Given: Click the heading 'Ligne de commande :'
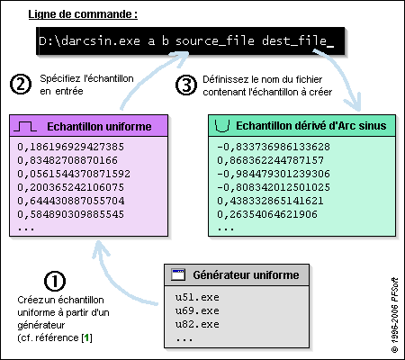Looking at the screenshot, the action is (83, 14).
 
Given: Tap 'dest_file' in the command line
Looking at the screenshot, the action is (294, 40).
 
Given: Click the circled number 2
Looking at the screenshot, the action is (21, 85).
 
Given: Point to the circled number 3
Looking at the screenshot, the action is (186, 85).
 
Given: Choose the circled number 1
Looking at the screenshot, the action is (55, 281).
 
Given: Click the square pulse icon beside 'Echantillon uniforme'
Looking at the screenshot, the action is (25, 127).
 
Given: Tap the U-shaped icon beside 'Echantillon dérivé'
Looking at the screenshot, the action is (222, 126).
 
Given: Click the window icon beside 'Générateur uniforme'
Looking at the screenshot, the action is (178, 274).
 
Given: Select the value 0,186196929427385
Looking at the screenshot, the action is (70, 147).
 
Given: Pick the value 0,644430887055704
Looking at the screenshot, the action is (71, 201).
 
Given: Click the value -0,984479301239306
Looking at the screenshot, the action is (274, 174).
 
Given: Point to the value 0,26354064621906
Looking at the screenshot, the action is (267, 214).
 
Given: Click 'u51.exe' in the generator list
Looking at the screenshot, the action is (197, 297).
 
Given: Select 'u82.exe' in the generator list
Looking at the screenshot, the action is (197, 324).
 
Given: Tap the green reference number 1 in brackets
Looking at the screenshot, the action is (87, 337).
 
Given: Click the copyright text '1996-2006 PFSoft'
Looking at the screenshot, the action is (395, 315).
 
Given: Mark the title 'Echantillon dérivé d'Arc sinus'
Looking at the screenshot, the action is (311, 126).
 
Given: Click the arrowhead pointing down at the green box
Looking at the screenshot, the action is (354, 103).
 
